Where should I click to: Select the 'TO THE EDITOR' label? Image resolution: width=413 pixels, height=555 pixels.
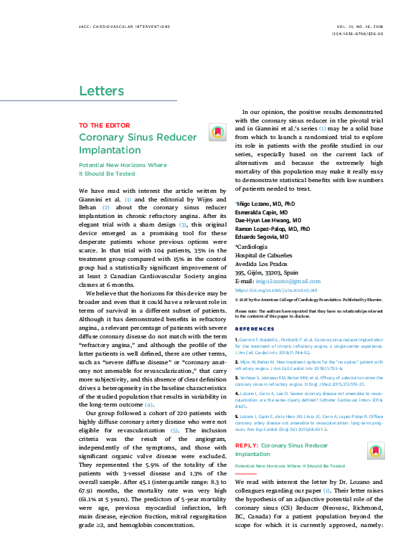coord(99,125)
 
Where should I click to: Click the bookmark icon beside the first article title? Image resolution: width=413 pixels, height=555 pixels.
coord(217,132)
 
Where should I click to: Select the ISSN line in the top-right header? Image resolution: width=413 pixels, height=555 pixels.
coord(359,34)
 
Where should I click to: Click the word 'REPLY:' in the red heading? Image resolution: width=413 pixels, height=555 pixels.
coord(247,425)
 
